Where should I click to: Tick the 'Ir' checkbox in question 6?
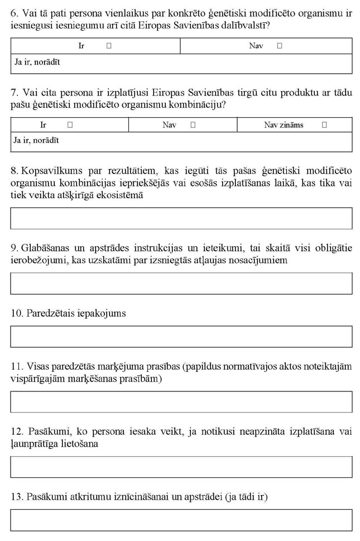coord(109,46)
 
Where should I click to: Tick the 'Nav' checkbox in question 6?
coord(280,46)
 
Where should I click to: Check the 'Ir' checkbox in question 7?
coord(70,125)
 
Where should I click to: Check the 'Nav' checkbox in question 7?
coord(193,125)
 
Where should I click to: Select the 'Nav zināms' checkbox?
coord(324,125)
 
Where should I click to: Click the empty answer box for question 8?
coord(181,218)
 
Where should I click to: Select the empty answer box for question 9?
coord(181,284)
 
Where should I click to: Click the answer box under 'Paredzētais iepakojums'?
coord(181,337)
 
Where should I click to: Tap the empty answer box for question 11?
coord(181,402)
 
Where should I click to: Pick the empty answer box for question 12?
coord(181,467)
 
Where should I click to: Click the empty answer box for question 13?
coord(181,520)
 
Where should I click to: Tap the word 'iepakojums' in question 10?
coord(103,313)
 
